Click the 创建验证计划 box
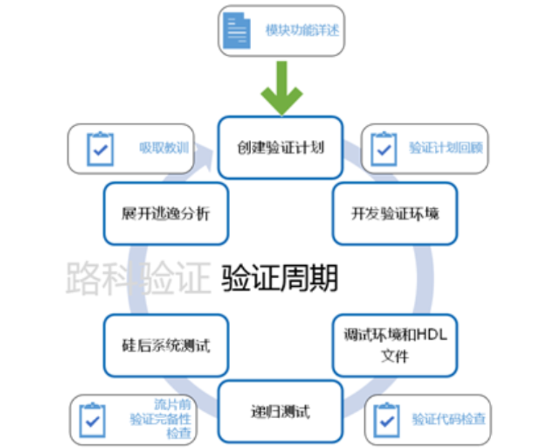click(280, 147)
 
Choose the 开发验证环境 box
click(395, 213)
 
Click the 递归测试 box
click(280, 411)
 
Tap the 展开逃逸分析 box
click(166, 213)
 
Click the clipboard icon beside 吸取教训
click(100, 149)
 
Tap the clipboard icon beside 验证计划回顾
click(383, 149)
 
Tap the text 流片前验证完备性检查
click(161, 419)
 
